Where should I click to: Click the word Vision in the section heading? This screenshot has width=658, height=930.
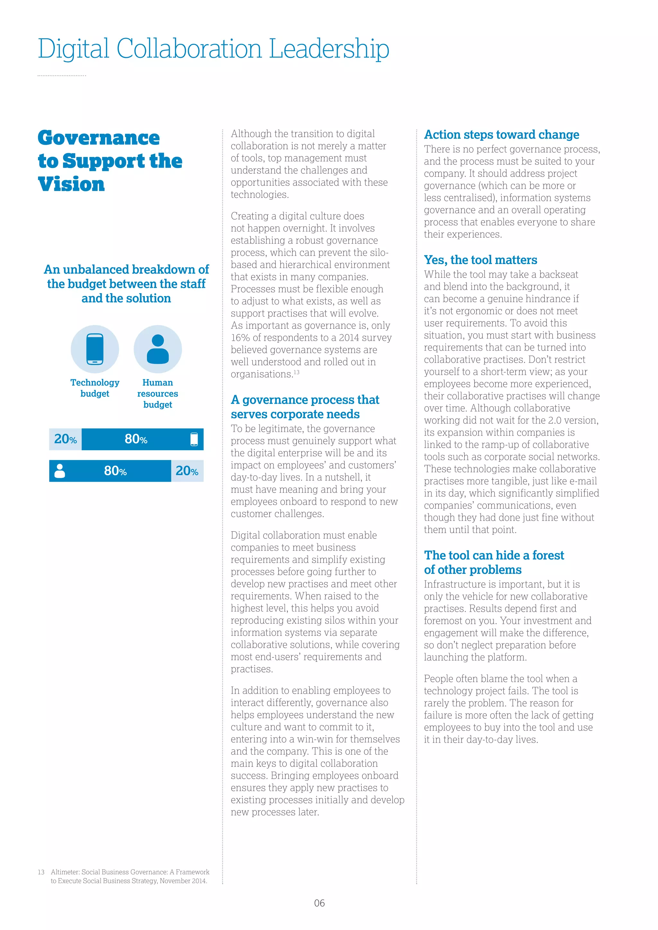pos(71,184)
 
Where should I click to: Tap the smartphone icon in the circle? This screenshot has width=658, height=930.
pos(95,349)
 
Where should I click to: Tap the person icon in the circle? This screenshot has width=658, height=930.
pos(158,349)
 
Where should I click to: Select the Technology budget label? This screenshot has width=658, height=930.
pos(95,388)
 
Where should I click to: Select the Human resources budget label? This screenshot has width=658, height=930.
pos(158,393)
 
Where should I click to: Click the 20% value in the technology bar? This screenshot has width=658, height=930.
pos(65,439)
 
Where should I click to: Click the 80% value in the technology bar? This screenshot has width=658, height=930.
pos(136,439)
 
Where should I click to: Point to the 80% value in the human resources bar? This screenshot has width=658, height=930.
pos(115,471)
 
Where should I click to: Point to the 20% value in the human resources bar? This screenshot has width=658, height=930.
pos(187,471)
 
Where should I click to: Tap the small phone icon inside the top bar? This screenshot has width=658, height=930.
pos(194,439)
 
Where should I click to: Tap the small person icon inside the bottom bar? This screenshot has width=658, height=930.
pos(59,471)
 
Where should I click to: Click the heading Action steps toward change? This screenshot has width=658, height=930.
pos(501,135)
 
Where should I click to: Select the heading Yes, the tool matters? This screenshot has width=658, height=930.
pos(481,260)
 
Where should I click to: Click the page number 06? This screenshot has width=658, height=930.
pos(319,903)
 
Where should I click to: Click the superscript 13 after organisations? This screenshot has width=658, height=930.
pos(297,372)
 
